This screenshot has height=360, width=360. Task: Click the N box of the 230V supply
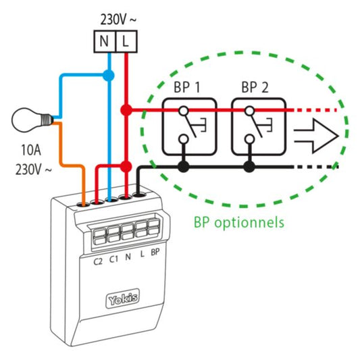pyautogui.click(x=105, y=42)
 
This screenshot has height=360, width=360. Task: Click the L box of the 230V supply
pyautogui.click(x=126, y=42)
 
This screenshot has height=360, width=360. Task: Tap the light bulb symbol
pyautogui.click(x=32, y=120)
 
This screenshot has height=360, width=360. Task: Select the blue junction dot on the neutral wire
pyautogui.click(x=108, y=75)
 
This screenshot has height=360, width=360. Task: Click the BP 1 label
pyautogui.click(x=187, y=87)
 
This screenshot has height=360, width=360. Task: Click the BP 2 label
pyautogui.click(x=255, y=87)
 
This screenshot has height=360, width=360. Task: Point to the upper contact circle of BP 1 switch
pyautogui.click(x=184, y=111)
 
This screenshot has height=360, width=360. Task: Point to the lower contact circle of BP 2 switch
pyautogui.click(x=249, y=139)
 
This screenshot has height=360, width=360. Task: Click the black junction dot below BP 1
pyautogui.click(x=183, y=166)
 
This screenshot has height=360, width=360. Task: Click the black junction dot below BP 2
pyautogui.click(x=249, y=166)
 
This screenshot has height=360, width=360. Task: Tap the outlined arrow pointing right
pyautogui.click(x=316, y=136)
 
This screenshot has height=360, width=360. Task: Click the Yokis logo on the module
pyautogui.click(x=123, y=299)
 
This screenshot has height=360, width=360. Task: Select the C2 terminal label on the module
pyautogui.click(x=98, y=261)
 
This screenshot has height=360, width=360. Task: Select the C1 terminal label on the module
pyautogui.click(x=113, y=259)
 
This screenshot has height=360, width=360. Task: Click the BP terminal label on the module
pyautogui.click(x=155, y=252)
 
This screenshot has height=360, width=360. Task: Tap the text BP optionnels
pyautogui.click(x=239, y=222)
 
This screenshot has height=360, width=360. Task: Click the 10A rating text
pyautogui.click(x=31, y=150)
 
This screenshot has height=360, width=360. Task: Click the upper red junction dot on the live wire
pyautogui.click(x=126, y=110)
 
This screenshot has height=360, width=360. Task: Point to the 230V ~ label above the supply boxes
pyautogui.click(x=118, y=20)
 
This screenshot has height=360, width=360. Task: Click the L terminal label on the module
pyautogui.click(x=143, y=254)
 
